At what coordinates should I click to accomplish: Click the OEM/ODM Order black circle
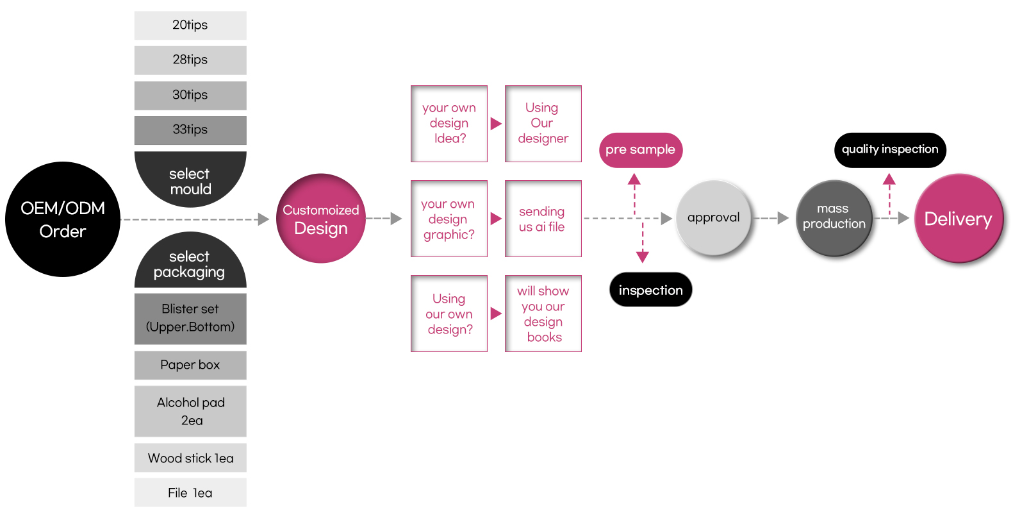click(63, 219)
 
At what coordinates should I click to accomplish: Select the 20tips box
click(190, 25)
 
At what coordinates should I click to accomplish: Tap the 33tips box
click(190, 130)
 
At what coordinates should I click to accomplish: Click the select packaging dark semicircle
click(190, 263)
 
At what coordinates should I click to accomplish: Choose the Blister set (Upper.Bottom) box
click(190, 318)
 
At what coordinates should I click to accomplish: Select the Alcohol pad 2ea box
click(190, 411)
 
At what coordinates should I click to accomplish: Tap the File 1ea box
click(190, 492)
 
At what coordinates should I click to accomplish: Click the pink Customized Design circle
click(321, 219)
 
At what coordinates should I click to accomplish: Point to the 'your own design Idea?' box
click(449, 123)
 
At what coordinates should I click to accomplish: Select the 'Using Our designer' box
click(543, 123)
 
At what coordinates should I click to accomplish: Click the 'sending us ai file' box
click(543, 219)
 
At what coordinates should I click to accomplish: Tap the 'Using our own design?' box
click(449, 314)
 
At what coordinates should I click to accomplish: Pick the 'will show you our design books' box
click(543, 314)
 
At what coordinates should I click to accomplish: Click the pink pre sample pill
click(641, 150)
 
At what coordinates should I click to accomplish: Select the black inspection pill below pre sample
click(650, 290)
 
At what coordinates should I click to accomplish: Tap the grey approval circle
click(713, 218)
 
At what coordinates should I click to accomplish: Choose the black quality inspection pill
click(890, 150)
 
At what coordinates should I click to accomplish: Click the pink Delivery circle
click(959, 219)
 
